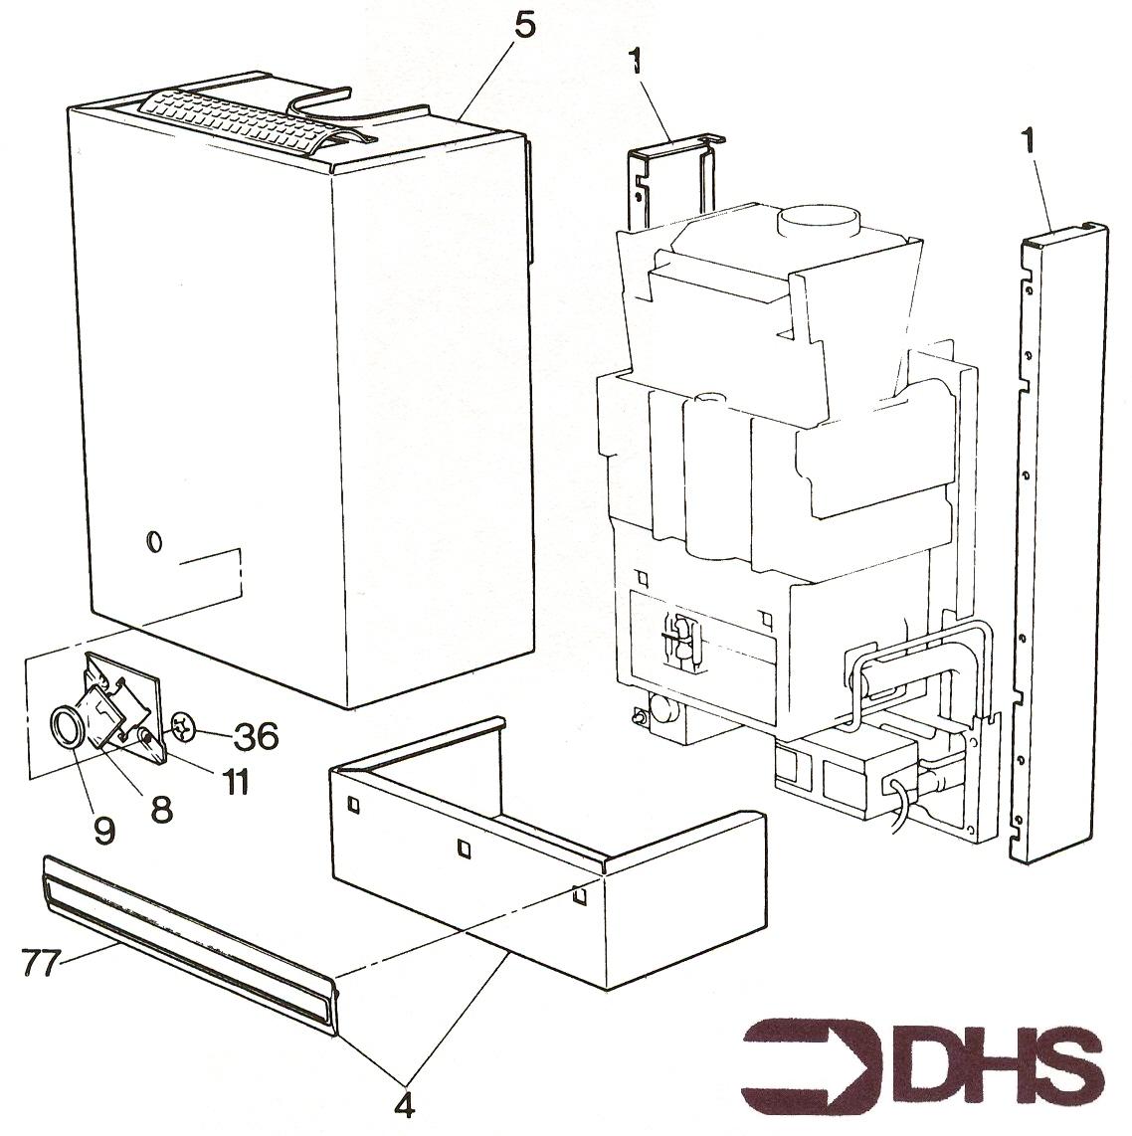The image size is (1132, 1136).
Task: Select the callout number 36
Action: [x=255, y=736]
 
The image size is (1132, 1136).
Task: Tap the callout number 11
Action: [x=236, y=782]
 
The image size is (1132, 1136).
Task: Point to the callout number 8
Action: [x=160, y=809]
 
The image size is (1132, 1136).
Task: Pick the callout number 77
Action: [x=42, y=963]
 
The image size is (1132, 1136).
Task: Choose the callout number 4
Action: [x=404, y=1105]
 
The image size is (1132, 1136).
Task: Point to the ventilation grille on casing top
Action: [x=244, y=118]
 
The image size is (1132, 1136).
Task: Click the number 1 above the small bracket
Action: [x=636, y=63]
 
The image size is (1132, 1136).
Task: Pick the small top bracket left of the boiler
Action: [x=673, y=177]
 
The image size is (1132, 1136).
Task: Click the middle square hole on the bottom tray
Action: [x=464, y=846]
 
